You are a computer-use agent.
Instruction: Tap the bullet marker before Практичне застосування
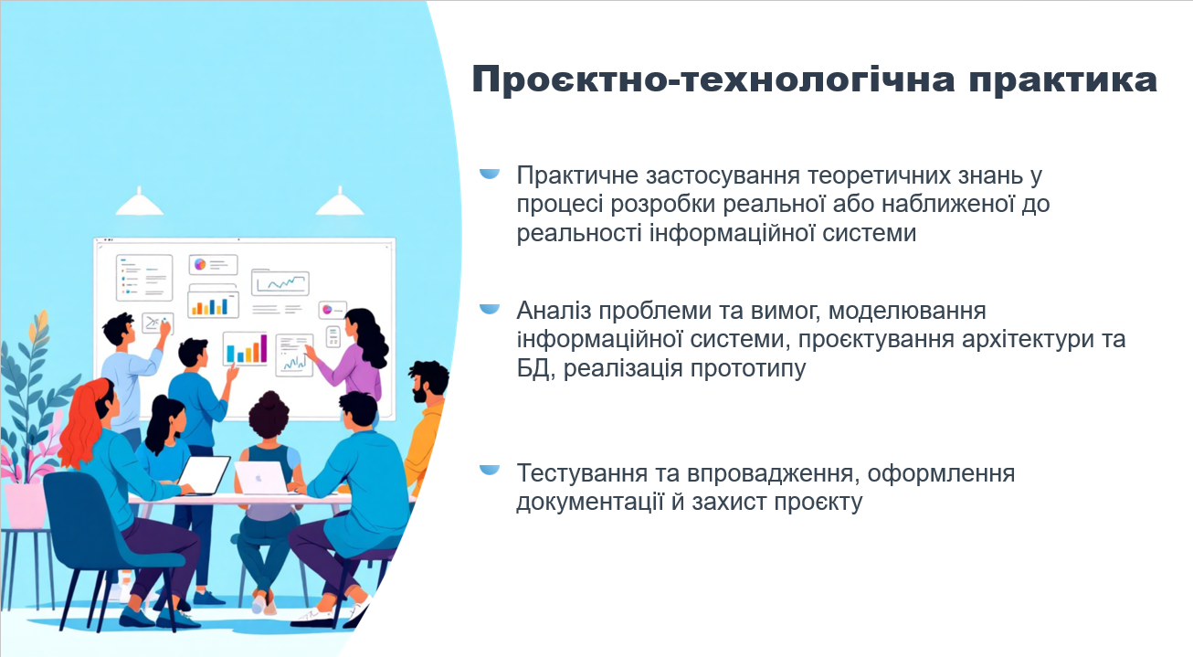coord(490,173)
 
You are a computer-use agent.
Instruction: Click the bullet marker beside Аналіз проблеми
coord(490,309)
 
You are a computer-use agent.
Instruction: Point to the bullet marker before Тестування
coord(490,470)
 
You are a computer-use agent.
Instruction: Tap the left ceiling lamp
coord(140,202)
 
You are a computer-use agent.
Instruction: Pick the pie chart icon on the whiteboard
coord(199,264)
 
